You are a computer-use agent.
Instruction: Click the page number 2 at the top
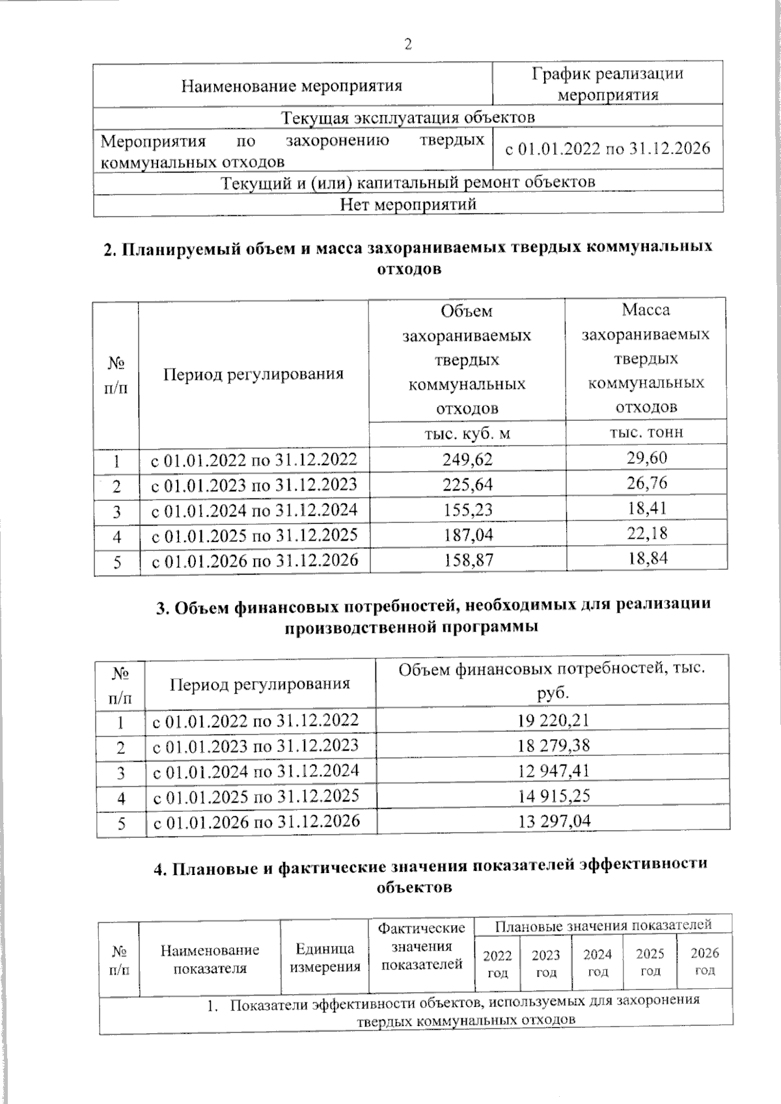[x=408, y=45]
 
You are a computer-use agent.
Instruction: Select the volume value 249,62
[x=467, y=459]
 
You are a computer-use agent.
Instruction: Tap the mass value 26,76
[x=647, y=483]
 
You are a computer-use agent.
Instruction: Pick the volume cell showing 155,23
[x=467, y=511]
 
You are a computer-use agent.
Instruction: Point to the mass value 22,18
[x=647, y=533]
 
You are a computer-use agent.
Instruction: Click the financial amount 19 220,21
[x=553, y=720]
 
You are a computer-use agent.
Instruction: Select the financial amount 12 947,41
[x=553, y=771]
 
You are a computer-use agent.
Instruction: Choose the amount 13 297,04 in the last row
[x=553, y=822]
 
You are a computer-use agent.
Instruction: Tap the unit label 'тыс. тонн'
[x=646, y=432]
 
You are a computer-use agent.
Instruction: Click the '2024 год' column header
[x=597, y=962]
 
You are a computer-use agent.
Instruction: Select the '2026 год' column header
[x=704, y=962]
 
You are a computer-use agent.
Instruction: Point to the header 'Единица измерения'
[x=325, y=958]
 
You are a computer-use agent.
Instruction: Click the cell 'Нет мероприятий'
[x=408, y=204]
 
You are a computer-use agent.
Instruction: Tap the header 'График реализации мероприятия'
[x=608, y=84]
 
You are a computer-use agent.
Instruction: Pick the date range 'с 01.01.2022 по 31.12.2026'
[x=608, y=149]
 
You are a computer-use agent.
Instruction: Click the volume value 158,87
[x=467, y=559]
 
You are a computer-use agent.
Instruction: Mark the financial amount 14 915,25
[x=553, y=796]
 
